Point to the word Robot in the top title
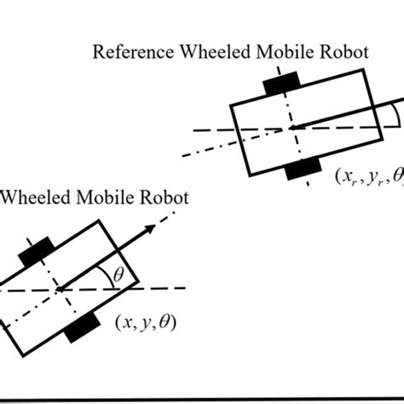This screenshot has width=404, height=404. [335, 53]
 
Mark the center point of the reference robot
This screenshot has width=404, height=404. [291, 128]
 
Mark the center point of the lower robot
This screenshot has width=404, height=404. [61, 290]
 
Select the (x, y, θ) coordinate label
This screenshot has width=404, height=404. [146, 322]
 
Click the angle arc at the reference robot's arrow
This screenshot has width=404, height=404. [397, 117]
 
